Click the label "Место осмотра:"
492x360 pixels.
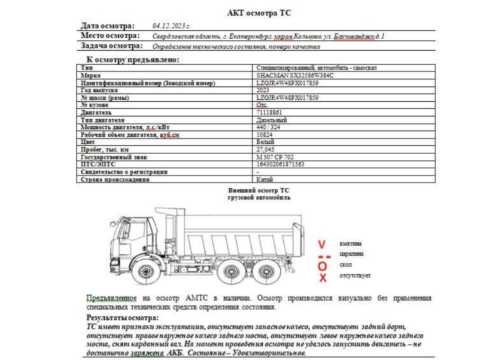click(111, 36)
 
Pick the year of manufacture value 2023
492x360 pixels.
click(263, 90)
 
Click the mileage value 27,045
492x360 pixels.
click(265, 149)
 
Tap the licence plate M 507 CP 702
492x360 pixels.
click(275, 157)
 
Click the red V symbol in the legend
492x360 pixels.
click(322, 245)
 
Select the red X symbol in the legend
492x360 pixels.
click(323, 278)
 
